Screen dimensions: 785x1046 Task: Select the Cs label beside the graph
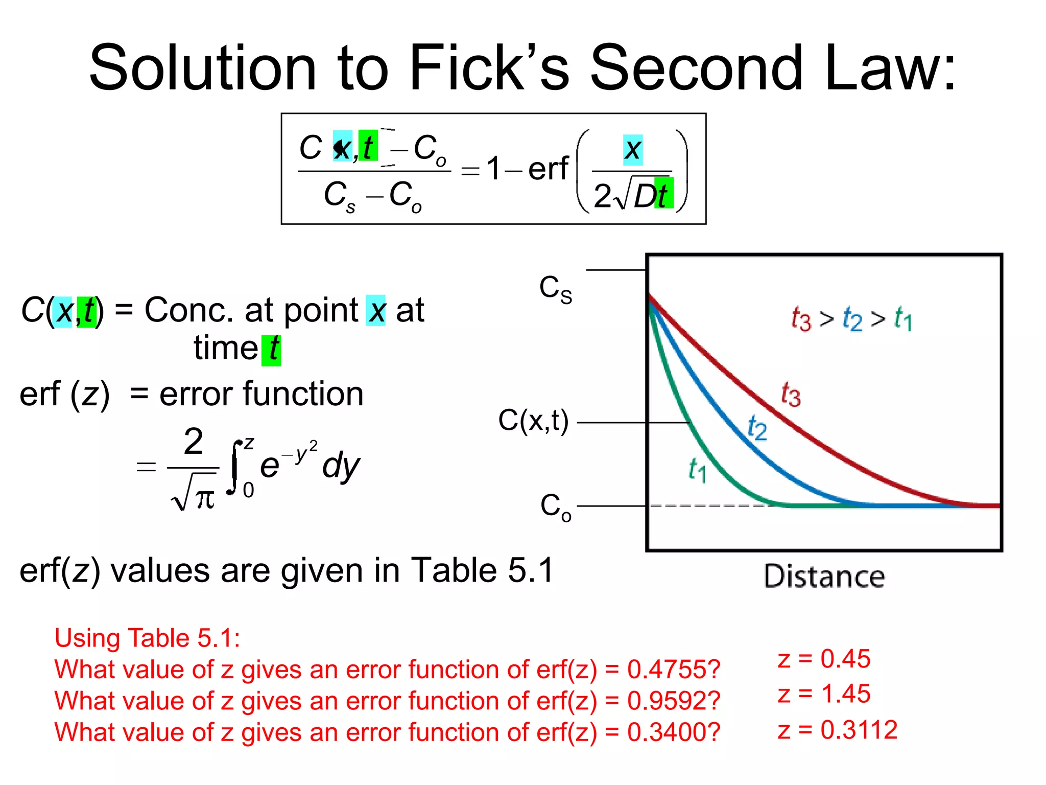[556, 289]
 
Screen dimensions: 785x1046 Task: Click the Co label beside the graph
[556, 507]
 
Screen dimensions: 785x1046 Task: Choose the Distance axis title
[824, 576]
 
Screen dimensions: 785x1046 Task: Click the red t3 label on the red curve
[791, 395]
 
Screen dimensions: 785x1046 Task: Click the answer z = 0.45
[824, 659]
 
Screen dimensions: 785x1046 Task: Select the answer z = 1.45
[824, 694]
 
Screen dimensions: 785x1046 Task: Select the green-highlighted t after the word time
[272, 350]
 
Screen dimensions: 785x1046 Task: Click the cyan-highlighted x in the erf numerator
[633, 150]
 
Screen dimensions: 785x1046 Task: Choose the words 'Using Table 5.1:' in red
[147, 638]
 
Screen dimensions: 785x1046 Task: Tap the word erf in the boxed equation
[548, 169]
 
